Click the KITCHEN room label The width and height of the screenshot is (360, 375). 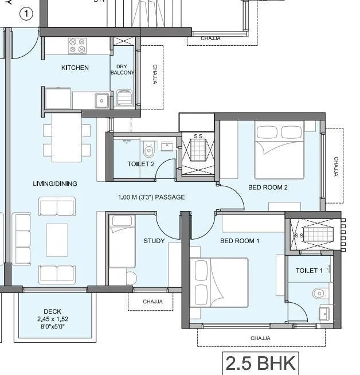pyautogui.click(x=75, y=68)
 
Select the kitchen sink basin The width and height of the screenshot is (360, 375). pyautogui.click(x=101, y=100)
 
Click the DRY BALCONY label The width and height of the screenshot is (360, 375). pyautogui.click(x=122, y=69)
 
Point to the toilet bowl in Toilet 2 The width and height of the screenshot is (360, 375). pyautogui.click(x=149, y=150)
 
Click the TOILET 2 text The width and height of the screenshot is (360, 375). pyautogui.click(x=141, y=164)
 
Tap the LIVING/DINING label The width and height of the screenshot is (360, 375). pyautogui.click(x=55, y=184)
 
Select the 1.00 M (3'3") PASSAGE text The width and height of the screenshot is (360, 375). pyautogui.click(x=151, y=197)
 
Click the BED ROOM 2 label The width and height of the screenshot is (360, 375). pyautogui.click(x=268, y=187)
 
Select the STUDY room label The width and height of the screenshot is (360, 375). pyautogui.click(x=154, y=241)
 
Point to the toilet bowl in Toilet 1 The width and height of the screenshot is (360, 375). pyautogui.click(x=320, y=294)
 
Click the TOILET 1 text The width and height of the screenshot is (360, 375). pyautogui.click(x=309, y=270)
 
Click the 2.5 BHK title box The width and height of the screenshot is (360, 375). pyautogui.click(x=261, y=363)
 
